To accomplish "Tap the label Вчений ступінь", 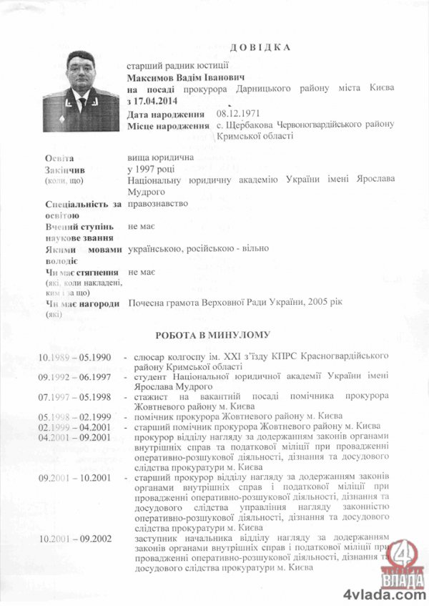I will (79, 226).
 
